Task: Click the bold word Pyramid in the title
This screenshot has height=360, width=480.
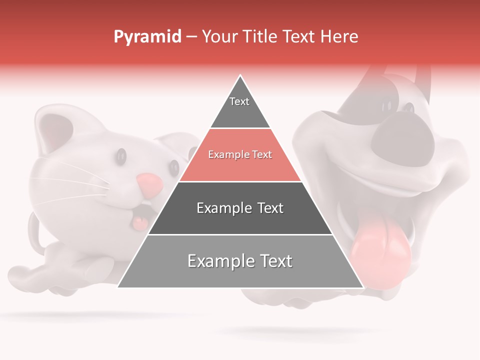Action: (x=147, y=37)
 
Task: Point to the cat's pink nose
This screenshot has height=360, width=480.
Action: (x=149, y=185)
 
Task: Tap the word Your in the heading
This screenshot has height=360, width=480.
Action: (x=219, y=37)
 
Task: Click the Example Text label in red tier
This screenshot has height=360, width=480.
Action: (x=240, y=155)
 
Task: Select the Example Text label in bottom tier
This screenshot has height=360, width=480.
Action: (x=240, y=261)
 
